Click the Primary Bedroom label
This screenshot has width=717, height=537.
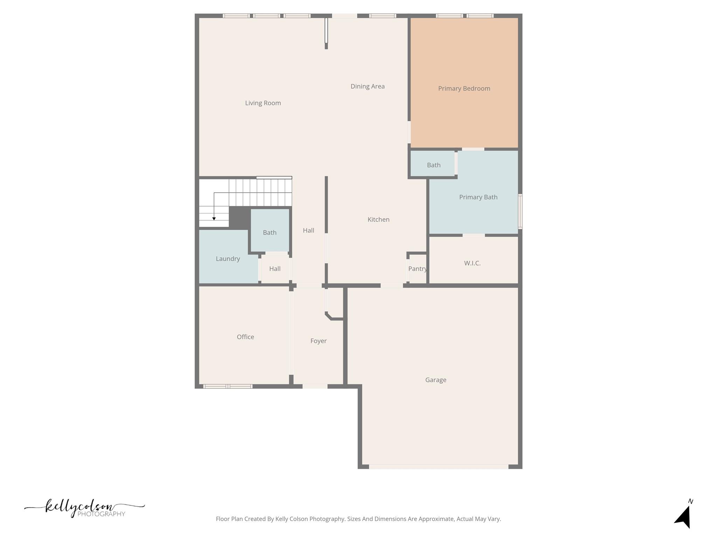pos(464,88)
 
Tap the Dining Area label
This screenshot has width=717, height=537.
pos(367,86)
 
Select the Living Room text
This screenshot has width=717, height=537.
pos(263,103)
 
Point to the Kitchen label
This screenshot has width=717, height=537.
pos(378,220)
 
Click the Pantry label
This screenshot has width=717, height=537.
pos(417,268)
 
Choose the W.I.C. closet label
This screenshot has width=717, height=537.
pos(472,263)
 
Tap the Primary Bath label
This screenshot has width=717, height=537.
pos(478,197)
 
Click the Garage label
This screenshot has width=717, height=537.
pos(436,380)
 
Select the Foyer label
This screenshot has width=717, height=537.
pos(318,341)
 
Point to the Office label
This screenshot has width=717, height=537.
pos(245,337)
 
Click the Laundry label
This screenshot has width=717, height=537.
pos(228,259)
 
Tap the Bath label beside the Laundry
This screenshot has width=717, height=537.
pos(270,232)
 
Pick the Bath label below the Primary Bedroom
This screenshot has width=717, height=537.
pos(433,165)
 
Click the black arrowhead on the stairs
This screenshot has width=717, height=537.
pos(214,219)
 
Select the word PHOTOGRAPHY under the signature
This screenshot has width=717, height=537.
pos(101,514)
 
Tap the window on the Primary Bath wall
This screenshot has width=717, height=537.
pos(520,212)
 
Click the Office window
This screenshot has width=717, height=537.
pos(228,386)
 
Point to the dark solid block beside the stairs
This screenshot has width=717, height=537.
pos(239,217)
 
